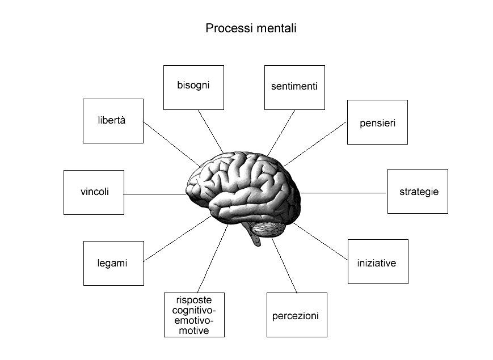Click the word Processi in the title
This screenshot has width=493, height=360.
pos(229,28)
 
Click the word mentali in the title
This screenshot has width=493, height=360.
pos(276,28)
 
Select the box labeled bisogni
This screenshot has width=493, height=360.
pos(193,88)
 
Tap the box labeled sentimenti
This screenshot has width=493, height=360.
pos(294,88)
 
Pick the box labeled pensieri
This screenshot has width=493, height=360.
pos(377,122)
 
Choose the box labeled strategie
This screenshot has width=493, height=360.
pos(418,191)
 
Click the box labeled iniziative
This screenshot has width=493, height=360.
pos(378,262)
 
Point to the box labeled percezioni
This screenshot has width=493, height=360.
pos(297,315)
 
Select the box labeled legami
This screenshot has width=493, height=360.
pos(113,263)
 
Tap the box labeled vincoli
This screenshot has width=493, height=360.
pos(94,193)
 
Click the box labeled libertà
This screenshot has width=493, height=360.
pos(113,121)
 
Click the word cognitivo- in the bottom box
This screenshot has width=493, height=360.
pos(194,311)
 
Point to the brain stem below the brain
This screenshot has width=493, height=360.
pos(256,238)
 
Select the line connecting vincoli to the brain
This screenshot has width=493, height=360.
pos(155,194)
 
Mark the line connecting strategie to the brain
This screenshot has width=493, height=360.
pos(343,193)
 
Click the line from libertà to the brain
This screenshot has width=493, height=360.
pos(171,143)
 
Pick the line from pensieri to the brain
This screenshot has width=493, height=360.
pos(315,144)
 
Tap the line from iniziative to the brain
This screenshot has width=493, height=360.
pos(321,242)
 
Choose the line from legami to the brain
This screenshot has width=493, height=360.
pos(177,239)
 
